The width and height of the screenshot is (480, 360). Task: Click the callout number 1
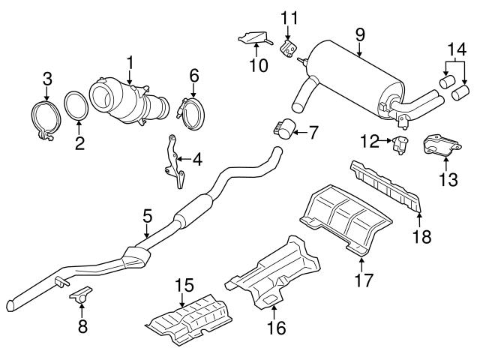coord(129,60)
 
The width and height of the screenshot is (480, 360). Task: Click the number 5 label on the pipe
coord(147,216)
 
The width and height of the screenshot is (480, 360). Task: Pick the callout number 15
coord(184,286)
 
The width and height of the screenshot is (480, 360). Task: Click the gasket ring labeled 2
coord(76,108)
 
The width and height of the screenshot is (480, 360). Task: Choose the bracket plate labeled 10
coord(253,36)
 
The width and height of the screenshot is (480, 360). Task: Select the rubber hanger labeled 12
coord(399,145)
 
